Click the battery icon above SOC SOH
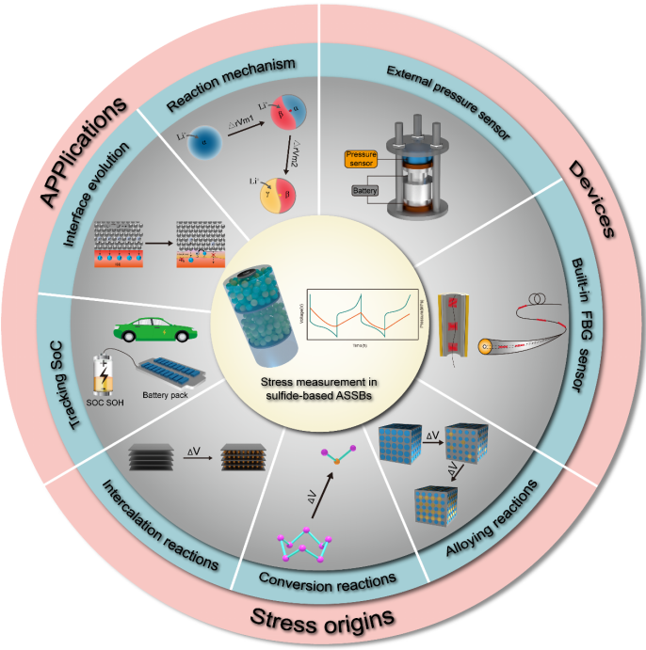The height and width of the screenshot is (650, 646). [102, 373]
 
